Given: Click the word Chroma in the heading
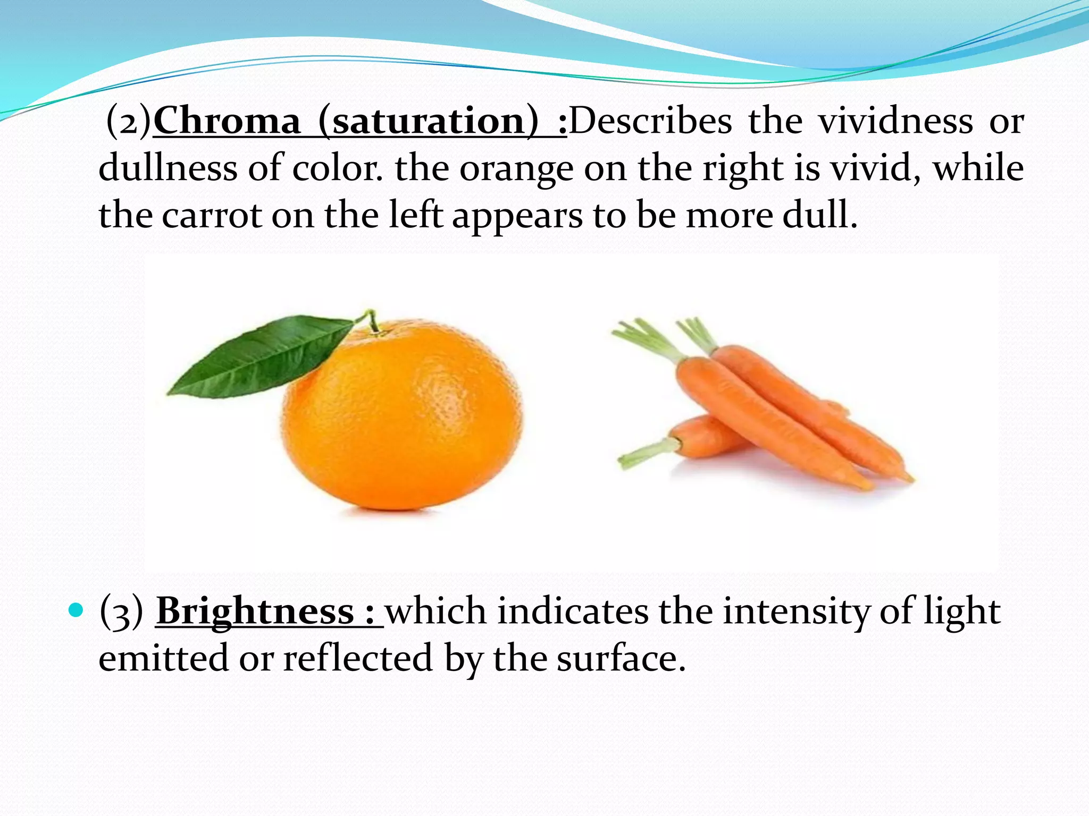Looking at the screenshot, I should tap(227, 121).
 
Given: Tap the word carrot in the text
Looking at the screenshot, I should tap(211, 215).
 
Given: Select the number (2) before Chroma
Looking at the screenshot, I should tap(129, 121).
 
